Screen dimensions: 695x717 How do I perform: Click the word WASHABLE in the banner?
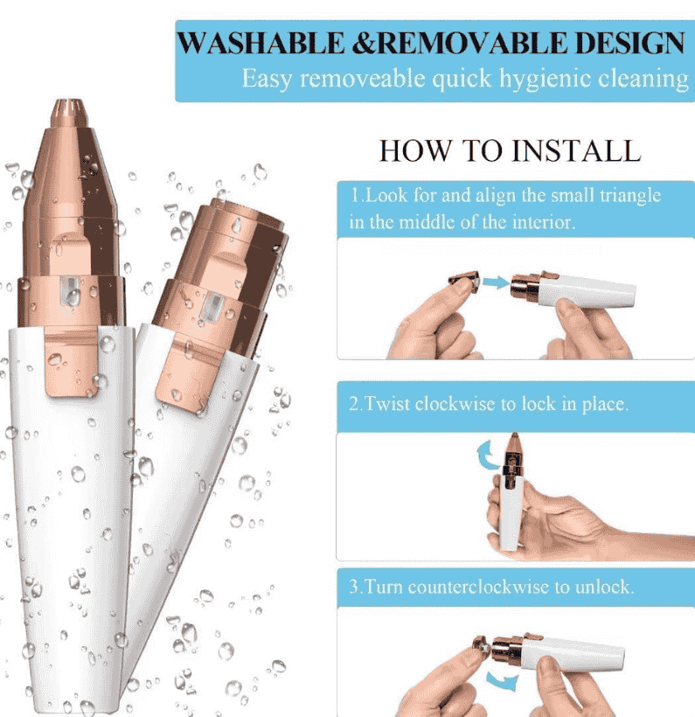(261, 43)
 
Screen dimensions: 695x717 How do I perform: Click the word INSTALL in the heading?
(576, 150)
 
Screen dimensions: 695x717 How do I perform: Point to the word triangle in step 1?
(630, 196)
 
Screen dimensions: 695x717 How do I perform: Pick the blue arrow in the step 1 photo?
(496, 282)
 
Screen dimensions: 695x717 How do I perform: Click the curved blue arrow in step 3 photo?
(501, 680)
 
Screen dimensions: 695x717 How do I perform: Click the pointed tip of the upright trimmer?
(68, 101)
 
